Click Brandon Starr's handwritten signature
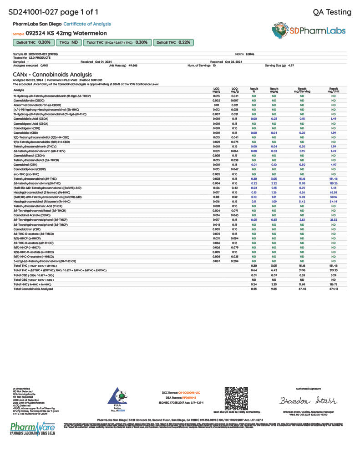point(308,401)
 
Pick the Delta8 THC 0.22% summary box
point(173,42)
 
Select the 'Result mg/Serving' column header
point(302,90)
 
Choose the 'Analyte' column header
point(19,90)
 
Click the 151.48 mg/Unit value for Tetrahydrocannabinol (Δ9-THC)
point(333,179)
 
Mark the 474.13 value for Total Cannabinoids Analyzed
point(333,289)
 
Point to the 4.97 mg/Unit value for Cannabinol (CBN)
point(333,164)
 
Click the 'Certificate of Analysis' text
point(87,24)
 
